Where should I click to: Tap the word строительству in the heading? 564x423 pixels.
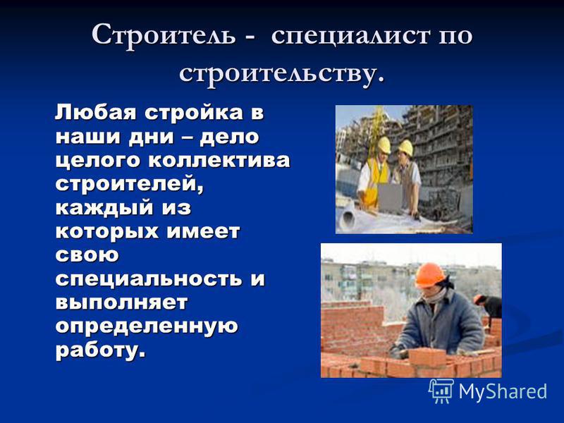click(278, 74)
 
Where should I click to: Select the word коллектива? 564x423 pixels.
click(219, 160)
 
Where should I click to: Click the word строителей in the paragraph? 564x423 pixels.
click(130, 185)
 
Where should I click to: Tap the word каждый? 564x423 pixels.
click(104, 208)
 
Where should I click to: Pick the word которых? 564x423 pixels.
click(106, 231)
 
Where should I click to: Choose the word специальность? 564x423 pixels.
click(149, 278)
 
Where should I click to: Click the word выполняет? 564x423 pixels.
click(121, 302)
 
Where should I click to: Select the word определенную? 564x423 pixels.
click(147, 326)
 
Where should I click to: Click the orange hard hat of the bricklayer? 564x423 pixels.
click(429, 275)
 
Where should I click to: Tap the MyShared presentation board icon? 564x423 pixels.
click(441, 391)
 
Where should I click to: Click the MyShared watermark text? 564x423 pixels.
click(503, 391)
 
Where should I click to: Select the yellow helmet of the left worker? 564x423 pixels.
click(384, 145)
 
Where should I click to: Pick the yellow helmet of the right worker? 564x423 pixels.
click(406, 147)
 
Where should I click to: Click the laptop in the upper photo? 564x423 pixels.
click(391, 197)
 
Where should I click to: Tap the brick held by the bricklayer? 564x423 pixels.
click(427, 357)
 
